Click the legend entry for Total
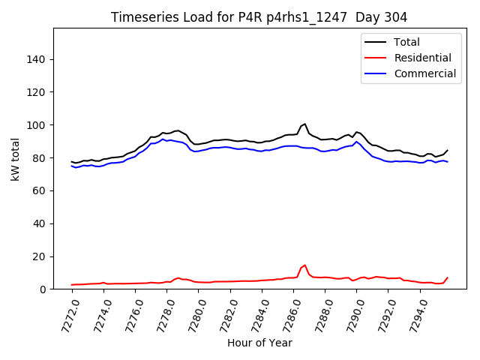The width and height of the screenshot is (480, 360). (406, 42)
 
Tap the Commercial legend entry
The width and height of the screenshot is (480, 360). (424, 73)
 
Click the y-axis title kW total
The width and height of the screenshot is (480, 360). (15, 159)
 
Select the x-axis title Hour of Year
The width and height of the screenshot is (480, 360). (259, 343)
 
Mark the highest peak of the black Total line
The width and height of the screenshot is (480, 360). (304, 124)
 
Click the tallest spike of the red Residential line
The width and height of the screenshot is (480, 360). (304, 265)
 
